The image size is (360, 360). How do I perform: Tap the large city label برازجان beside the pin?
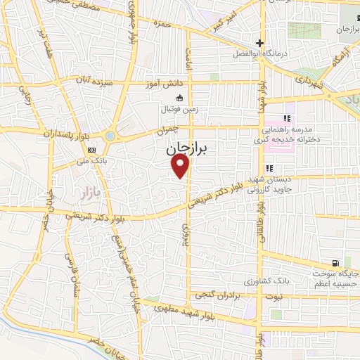190,150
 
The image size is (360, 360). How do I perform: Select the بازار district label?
84,191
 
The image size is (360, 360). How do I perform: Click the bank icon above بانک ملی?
92,150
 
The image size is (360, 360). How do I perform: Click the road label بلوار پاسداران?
47,132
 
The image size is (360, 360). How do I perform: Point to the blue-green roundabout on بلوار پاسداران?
110,136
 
